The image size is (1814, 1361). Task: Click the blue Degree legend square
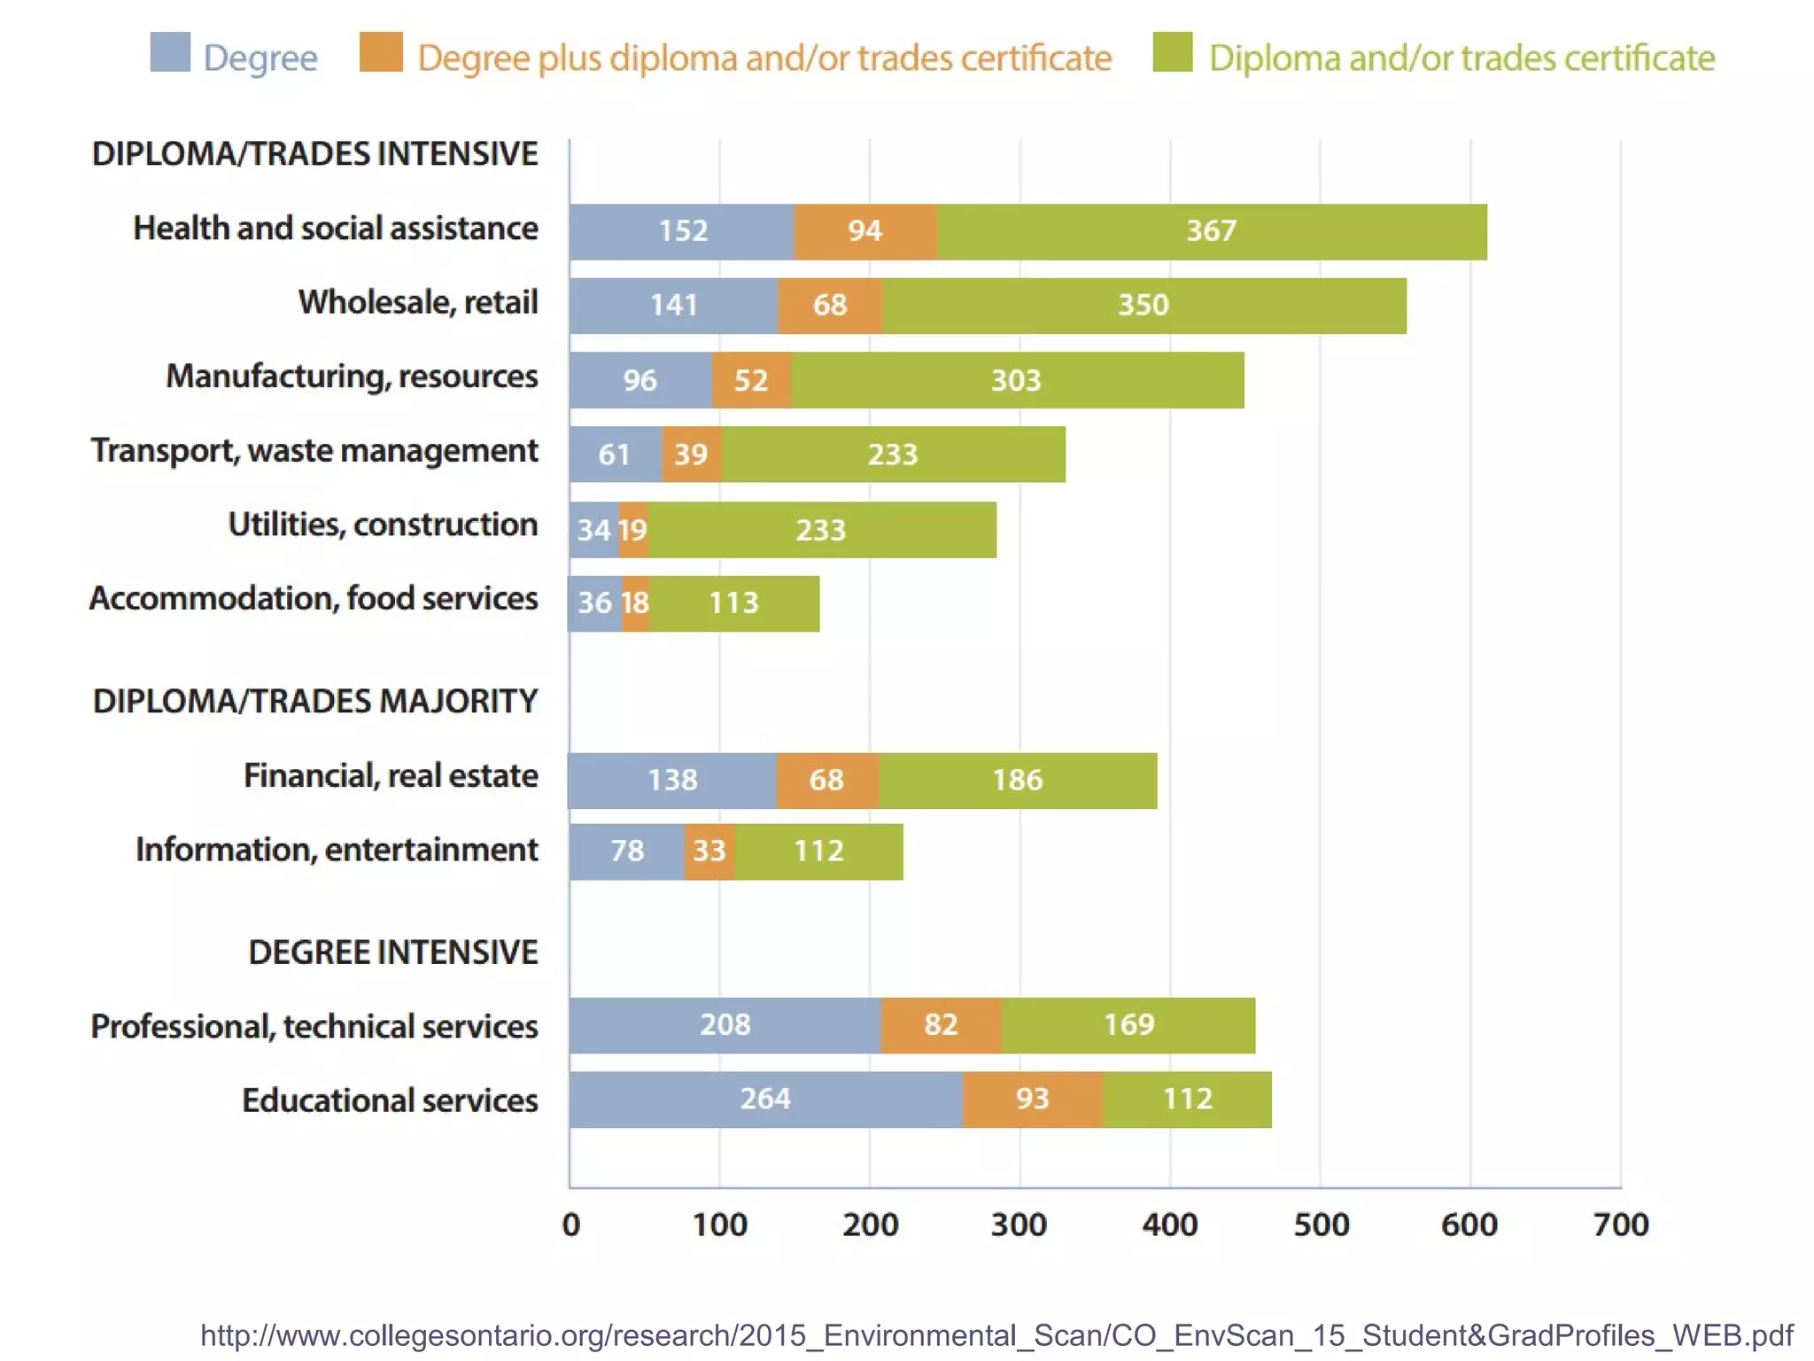(x=170, y=52)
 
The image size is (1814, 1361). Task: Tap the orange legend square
(x=381, y=52)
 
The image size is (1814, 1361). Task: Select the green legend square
(x=1173, y=52)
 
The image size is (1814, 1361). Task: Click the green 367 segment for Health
(x=1212, y=231)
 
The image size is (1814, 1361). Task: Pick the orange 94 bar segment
(x=865, y=231)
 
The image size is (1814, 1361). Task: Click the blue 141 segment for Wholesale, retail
(x=673, y=306)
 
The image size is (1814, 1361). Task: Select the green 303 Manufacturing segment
(x=1016, y=380)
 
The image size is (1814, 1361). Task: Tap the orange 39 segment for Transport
(x=691, y=455)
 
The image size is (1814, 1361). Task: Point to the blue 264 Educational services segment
(x=765, y=1100)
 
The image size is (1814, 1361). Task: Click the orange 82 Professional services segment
(x=941, y=1025)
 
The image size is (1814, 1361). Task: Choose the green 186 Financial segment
(x=1018, y=781)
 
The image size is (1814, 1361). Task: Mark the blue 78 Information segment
(x=626, y=852)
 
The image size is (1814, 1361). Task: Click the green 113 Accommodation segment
(x=734, y=603)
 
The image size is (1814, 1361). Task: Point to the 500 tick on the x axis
(x=1321, y=1225)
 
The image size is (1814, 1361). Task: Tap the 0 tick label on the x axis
(x=571, y=1225)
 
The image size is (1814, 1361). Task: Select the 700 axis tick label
(x=1620, y=1225)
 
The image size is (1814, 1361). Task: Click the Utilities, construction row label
(x=383, y=525)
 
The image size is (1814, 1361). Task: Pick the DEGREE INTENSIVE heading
(x=392, y=953)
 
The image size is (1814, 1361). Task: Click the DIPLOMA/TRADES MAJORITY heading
(x=314, y=701)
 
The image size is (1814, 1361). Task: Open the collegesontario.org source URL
(x=996, y=1335)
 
